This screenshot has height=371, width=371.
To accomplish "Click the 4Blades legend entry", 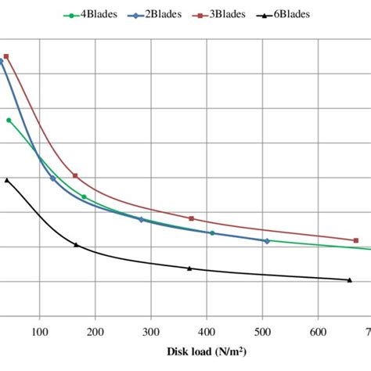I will click(92, 15).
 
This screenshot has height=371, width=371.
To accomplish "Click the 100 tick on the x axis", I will click(39, 331).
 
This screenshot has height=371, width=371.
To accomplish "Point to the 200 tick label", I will click(95, 331).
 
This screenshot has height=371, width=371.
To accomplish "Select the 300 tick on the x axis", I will click(151, 331).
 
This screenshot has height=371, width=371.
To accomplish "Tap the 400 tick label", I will click(207, 331).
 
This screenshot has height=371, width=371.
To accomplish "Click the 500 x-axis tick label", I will click(262, 331).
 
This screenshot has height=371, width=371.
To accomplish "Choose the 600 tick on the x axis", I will click(319, 331).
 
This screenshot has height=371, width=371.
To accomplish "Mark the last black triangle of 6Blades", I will click(349, 279).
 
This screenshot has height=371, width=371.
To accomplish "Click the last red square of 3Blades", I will click(355, 240).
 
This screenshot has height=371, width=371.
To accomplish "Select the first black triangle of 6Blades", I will click(7, 180).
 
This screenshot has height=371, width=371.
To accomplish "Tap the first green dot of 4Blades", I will click(9, 120).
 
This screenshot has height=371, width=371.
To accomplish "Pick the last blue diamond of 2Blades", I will click(267, 241).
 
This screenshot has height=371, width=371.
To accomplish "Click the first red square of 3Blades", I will click(6, 56).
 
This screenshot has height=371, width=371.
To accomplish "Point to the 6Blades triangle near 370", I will click(189, 268).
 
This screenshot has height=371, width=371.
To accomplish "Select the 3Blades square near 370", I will click(191, 218).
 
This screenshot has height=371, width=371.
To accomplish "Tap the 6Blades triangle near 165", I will click(76, 245).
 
